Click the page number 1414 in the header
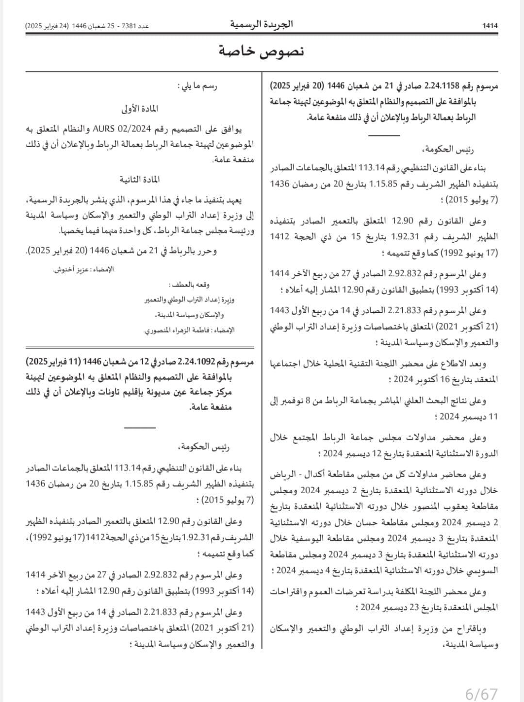click(491, 26)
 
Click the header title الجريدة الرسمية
click(262, 24)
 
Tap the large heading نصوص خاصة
click(262, 51)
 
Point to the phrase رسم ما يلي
click(199, 86)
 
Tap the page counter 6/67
click(481, 694)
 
